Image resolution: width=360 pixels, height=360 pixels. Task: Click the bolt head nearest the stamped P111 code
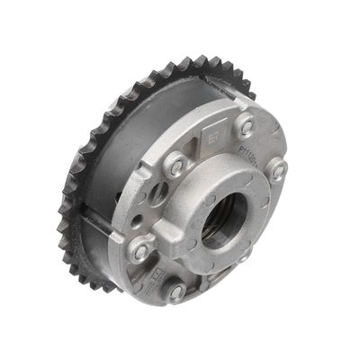coord(246,127)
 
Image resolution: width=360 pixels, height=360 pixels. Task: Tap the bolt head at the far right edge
coord(279,168)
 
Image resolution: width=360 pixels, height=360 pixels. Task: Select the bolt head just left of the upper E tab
coord(176,165)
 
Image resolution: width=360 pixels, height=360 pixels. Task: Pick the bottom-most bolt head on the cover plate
coord(176,291)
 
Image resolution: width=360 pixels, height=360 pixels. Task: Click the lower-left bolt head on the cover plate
coord(141,251)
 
